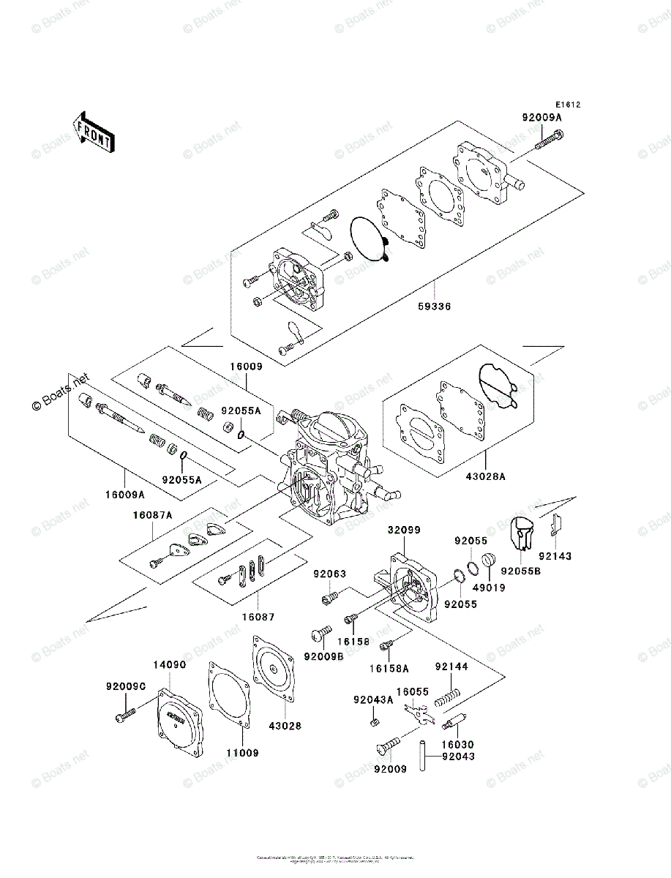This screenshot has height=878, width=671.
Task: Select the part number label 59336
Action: point(435,307)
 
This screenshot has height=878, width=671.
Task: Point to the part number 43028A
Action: point(486,476)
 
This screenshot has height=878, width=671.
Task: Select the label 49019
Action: point(488,586)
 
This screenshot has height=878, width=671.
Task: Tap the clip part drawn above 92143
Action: point(556,524)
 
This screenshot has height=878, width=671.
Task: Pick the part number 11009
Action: point(241,751)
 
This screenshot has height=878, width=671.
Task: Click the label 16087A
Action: point(152,515)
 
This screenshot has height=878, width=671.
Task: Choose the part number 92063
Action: point(330,574)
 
